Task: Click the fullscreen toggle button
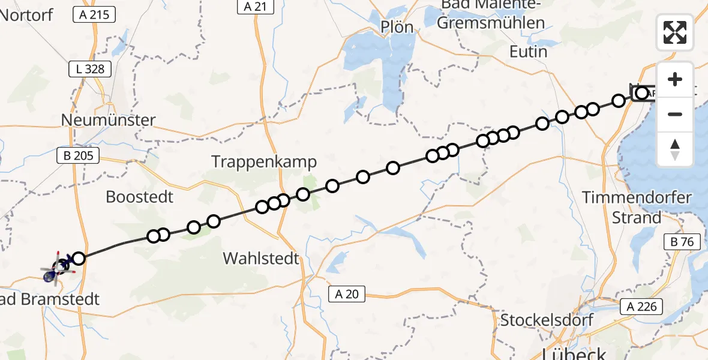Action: click(675, 32)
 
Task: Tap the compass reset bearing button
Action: click(675, 149)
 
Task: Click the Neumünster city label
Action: click(108, 120)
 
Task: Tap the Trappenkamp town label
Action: click(264, 161)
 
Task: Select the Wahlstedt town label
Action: click(261, 259)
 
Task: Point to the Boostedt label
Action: click(139, 197)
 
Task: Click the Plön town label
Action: click(397, 27)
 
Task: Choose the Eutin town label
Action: click(528, 52)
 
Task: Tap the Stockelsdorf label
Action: click(547, 319)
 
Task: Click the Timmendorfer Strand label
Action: click(636, 207)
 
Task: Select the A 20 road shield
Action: click(347, 294)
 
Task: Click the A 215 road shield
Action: click(94, 14)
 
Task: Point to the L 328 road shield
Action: click(91, 69)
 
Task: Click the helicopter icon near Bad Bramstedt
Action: click(53, 274)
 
